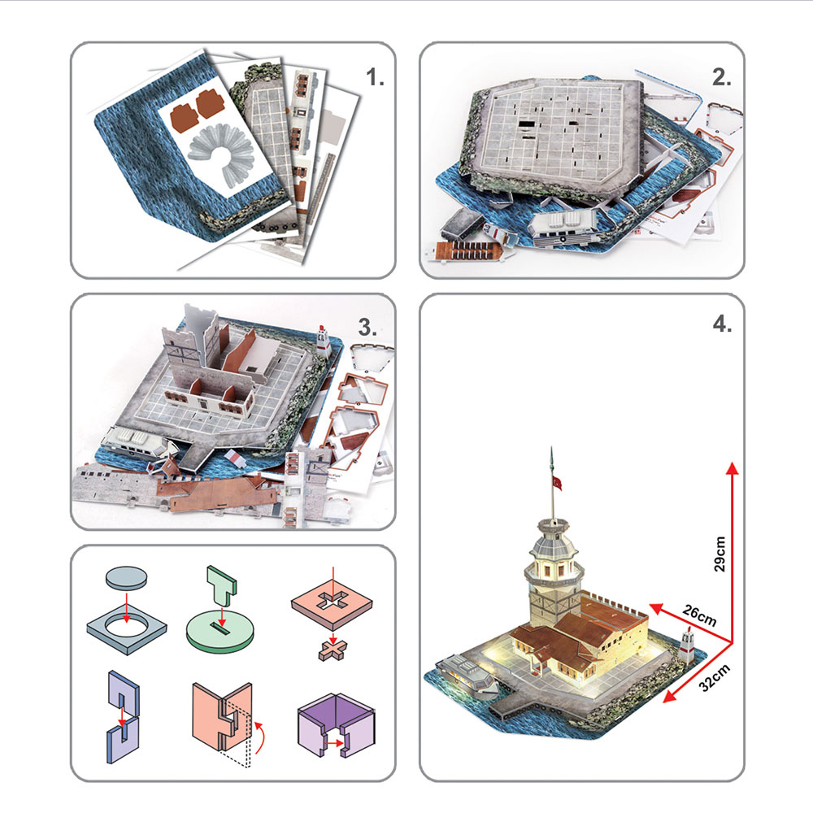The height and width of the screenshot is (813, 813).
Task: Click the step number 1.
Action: (x=374, y=79)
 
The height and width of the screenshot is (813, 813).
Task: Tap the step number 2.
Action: (x=722, y=79)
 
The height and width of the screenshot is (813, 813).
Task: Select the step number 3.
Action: (x=368, y=328)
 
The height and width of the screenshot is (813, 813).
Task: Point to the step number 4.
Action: (x=722, y=323)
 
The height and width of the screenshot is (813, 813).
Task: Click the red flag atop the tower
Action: (x=558, y=484)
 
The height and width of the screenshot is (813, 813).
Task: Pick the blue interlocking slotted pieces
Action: (x=122, y=714)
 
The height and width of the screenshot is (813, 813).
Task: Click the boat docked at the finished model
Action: (x=469, y=677)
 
